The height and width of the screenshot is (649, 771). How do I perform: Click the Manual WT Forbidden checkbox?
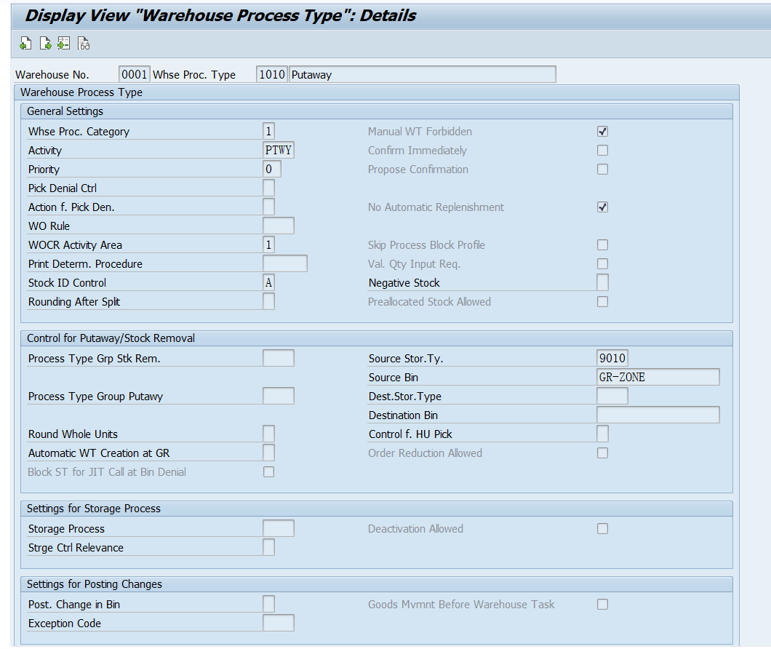pos(602,132)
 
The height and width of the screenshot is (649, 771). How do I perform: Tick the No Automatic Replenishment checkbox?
pos(602,207)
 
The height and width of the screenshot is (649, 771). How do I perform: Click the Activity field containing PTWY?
pos(279,150)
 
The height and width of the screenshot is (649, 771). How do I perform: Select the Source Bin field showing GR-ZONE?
pos(658,377)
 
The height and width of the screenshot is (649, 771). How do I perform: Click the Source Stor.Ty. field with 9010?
pos(612,358)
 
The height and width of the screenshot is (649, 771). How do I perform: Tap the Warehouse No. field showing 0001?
pos(135,74)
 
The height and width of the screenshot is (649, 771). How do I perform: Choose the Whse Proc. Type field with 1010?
pos(272,74)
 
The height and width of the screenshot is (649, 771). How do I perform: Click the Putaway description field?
pos(423,74)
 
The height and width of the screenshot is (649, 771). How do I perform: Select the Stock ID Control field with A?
pos(268,282)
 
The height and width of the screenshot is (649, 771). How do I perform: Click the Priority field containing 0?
pos(272,169)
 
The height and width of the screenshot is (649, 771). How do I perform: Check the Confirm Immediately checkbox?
pos(602,150)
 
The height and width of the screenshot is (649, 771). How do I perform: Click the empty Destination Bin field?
pos(658,415)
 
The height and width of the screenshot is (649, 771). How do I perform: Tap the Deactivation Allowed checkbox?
pos(602,528)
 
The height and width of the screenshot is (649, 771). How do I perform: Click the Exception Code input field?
pos(279,623)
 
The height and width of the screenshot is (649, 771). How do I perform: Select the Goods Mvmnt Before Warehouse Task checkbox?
pos(602,604)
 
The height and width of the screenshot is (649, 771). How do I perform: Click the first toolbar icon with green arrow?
pos(25,44)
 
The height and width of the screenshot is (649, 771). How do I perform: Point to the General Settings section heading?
pos(65,111)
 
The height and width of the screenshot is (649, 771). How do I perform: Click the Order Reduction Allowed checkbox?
pos(602,453)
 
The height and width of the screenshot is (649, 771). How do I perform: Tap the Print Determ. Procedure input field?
pos(285,263)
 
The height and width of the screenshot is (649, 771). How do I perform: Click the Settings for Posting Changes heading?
pos(95,584)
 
